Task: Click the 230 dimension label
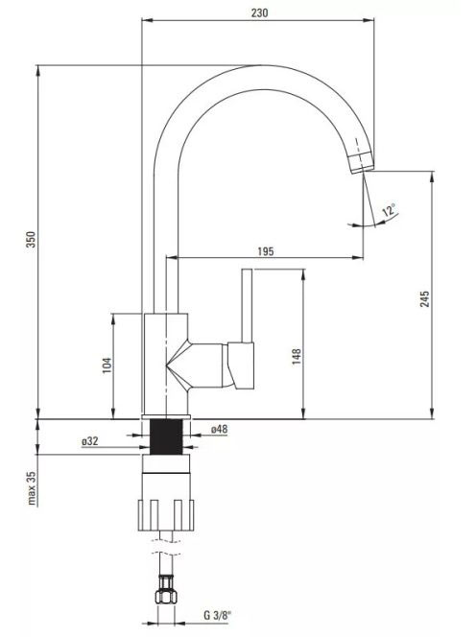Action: coord(259,13)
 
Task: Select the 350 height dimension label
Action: coord(32,239)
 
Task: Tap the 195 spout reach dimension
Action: coord(266,251)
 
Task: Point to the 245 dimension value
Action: coord(424,298)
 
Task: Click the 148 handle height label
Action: coord(297,356)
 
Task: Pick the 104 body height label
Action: coord(107,366)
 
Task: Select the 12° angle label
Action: coord(389,211)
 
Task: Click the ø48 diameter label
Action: coord(220,429)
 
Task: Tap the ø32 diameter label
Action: coord(90,440)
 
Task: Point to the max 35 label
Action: coord(32,488)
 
